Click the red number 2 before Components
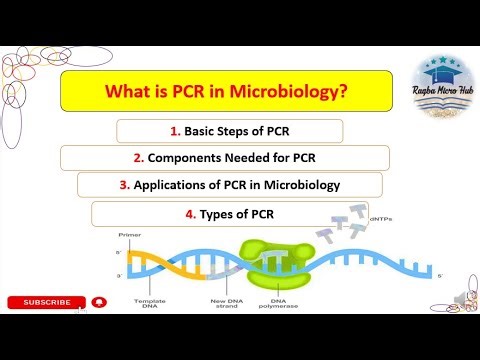139,158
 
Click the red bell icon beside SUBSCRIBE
98,302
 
